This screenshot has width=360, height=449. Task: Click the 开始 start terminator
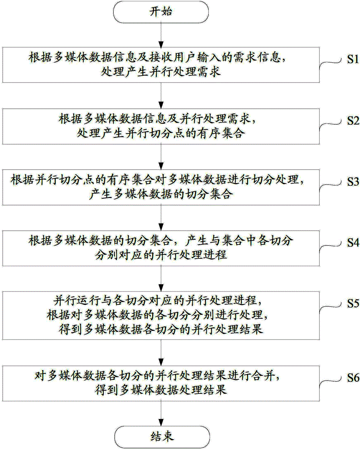[x=161, y=12]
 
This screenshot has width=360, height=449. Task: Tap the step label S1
[x=353, y=59]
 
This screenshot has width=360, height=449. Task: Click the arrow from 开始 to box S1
[x=161, y=35]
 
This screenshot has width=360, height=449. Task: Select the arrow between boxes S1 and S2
[x=161, y=96]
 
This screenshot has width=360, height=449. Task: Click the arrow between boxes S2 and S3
[x=161, y=157]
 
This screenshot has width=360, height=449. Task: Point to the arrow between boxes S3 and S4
[x=161, y=218]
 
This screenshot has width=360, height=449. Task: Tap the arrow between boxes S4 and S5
[x=161, y=279]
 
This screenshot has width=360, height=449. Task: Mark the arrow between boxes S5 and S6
[x=161, y=353]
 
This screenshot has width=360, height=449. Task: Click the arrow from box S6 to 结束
[x=161, y=414]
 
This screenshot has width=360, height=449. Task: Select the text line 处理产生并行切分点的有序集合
[x=161, y=133]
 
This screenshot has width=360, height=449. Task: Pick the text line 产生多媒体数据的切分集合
[x=161, y=194]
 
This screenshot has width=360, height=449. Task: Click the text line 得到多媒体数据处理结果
[x=161, y=390]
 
